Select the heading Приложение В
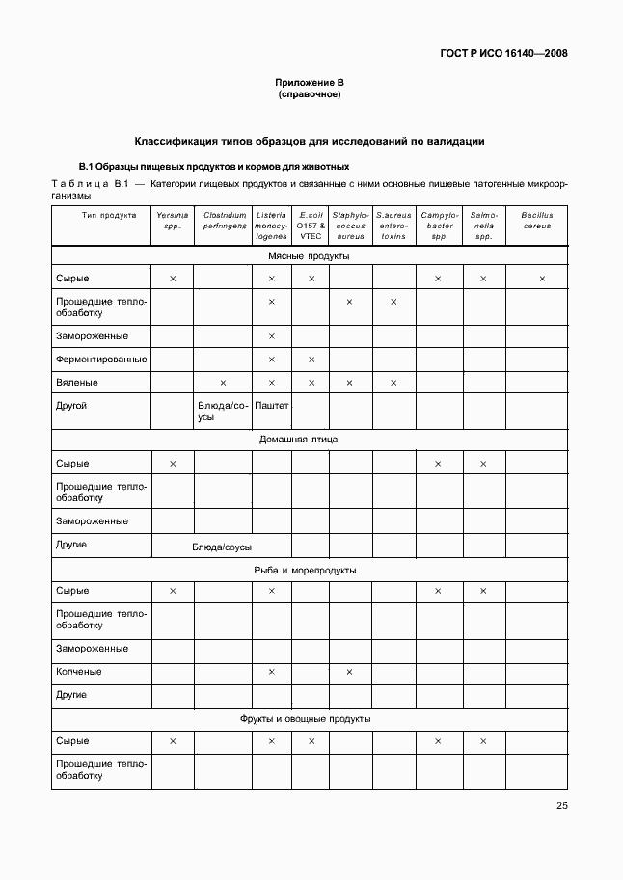[310, 83]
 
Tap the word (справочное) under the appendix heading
[310, 94]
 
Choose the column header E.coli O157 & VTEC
[311, 226]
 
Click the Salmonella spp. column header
[484, 226]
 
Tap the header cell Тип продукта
[101, 216]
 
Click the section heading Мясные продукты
[309, 256]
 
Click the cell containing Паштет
[272, 406]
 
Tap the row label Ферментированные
[101, 360]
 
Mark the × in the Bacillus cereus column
[542, 280]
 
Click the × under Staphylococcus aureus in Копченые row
[349, 672]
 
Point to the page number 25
[561, 806]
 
